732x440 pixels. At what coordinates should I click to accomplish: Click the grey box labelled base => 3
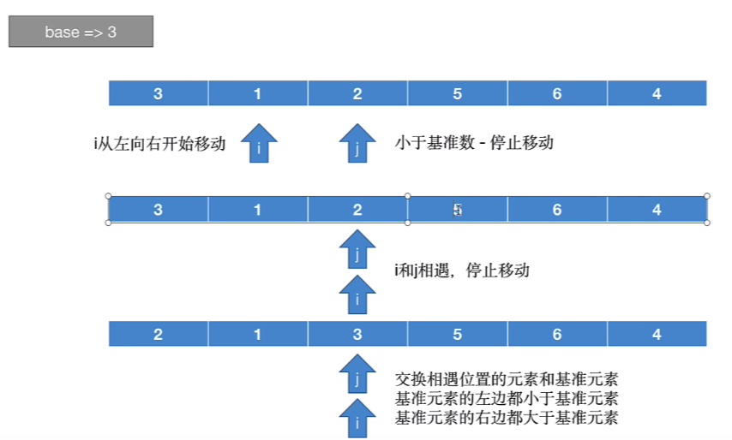tap(81, 33)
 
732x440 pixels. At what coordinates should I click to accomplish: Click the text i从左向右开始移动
tap(159, 143)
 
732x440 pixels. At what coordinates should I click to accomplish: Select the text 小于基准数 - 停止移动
tap(474, 142)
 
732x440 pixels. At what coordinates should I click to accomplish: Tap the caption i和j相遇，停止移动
tap(461, 271)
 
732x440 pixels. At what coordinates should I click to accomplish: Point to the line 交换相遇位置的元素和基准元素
tap(507, 378)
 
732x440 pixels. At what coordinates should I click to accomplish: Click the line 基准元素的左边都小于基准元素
tap(507, 398)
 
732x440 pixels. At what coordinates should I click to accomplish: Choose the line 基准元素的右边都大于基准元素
tap(507, 418)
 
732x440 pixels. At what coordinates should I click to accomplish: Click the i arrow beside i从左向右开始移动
tap(258, 143)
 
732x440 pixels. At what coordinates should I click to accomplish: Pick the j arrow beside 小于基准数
tap(357, 143)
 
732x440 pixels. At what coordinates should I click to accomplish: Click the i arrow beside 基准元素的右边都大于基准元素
tap(357, 419)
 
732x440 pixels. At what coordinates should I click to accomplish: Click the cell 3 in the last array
tap(357, 334)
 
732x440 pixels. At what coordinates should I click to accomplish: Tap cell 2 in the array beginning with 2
tap(159, 334)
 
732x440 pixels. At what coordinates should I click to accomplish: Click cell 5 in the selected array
tap(457, 209)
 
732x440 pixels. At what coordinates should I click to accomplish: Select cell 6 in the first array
tap(557, 93)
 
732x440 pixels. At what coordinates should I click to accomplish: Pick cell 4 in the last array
tap(657, 334)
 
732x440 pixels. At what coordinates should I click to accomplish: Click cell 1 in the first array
tap(258, 93)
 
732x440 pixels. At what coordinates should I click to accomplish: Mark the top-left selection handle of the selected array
tap(108, 196)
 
